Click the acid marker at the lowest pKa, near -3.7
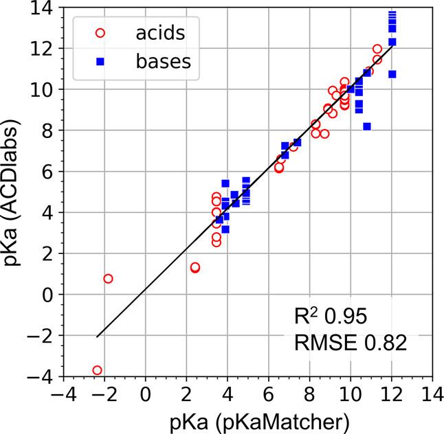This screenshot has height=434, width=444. pyautogui.click(x=97, y=370)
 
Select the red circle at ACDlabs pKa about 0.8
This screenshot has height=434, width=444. pyautogui.click(x=108, y=278)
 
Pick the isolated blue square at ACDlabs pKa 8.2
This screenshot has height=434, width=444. pyautogui.click(x=367, y=126)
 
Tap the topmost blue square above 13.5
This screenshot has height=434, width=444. pyautogui.click(x=392, y=14)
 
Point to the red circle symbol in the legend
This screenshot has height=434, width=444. pyautogui.click(x=100, y=32)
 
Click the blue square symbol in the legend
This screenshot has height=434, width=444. pyautogui.click(x=100, y=62)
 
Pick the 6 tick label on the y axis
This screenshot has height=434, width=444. pyautogui.click(x=51, y=172)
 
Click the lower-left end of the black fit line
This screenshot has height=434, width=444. pyautogui.click(x=97, y=336)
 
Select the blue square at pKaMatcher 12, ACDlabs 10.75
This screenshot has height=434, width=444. pyautogui.click(x=392, y=74)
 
